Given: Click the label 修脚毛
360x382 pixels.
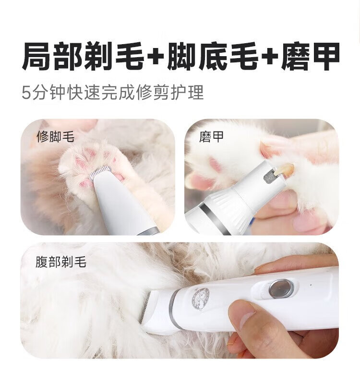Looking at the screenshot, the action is click(55, 137).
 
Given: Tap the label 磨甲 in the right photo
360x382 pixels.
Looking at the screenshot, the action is click(211, 137).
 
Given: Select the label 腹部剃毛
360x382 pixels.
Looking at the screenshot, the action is click(61, 262).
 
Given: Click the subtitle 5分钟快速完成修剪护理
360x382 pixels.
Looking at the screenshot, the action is click(113, 93).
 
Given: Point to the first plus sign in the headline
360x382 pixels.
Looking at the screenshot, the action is click(156, 57).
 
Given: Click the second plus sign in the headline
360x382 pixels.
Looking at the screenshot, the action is click(270, 57).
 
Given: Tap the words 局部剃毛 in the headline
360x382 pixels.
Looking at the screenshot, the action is click(83, 56).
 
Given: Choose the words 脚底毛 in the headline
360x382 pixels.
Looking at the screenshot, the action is click(213, 56).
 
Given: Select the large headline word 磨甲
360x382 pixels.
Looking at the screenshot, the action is click(310, 56).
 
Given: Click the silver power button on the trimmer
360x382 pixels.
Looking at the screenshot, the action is click(280, 289).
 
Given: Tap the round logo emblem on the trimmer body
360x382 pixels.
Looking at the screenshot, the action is click(201, 299).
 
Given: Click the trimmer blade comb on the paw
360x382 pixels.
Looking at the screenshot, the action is click(101, 172).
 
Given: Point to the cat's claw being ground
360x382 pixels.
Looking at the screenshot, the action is click(285, 168).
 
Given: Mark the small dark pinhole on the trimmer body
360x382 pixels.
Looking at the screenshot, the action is click(311, 284).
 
